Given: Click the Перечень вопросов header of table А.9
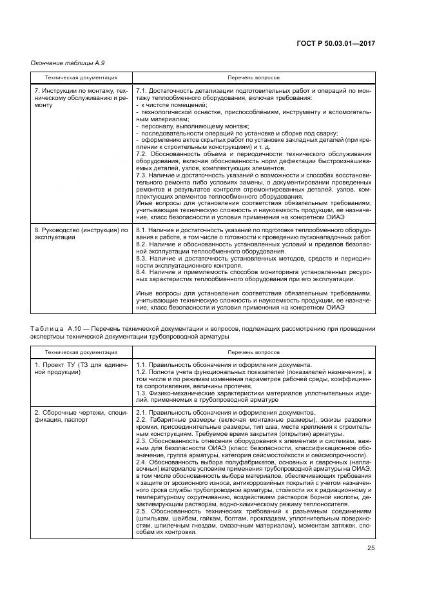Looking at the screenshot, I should [x=253, y=77].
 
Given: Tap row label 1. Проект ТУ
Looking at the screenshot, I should [x=80, y=369].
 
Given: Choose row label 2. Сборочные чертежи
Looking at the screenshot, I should [x=80, y=417].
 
